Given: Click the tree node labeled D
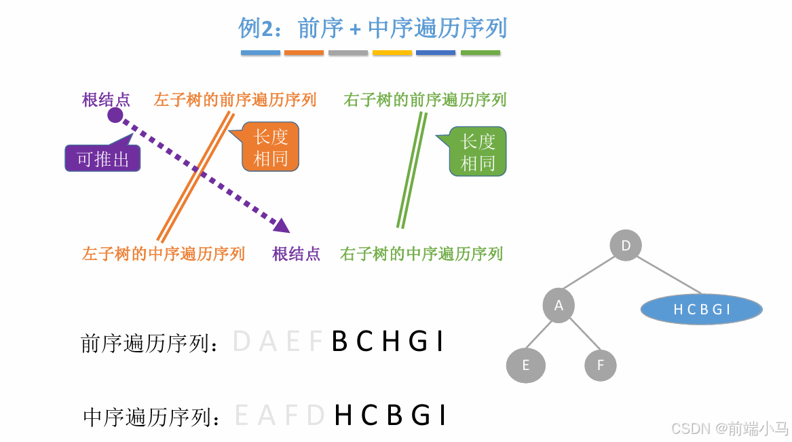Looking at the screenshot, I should pos(626,245).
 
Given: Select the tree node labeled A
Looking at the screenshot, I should pos(559,306).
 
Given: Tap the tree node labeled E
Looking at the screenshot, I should pos(525,366).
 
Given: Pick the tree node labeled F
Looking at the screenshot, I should pos(600,366).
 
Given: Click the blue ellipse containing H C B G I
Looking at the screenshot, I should pos(701,310).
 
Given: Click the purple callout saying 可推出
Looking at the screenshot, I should pos(102,158).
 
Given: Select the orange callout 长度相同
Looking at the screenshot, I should pos(270,147).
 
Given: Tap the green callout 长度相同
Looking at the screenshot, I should pos(478,151).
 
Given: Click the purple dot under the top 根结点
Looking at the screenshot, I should pos(115,115).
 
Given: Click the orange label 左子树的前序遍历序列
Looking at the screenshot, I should pos(235,100).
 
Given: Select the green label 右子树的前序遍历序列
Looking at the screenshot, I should pos(425,100).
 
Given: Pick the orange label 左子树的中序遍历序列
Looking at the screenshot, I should pos(163,254).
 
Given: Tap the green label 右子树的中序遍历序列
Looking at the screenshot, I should pos(421,254).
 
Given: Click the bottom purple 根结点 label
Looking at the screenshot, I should pos(296,254).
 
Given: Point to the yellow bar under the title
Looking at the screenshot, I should pos(392,53).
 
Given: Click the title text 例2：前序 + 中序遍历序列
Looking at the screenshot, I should pos(373,29).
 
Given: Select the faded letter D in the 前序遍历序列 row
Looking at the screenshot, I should pos(242,342).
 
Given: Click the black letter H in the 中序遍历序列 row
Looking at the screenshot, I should pos(344,415).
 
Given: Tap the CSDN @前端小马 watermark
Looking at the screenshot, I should pos(729,428).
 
